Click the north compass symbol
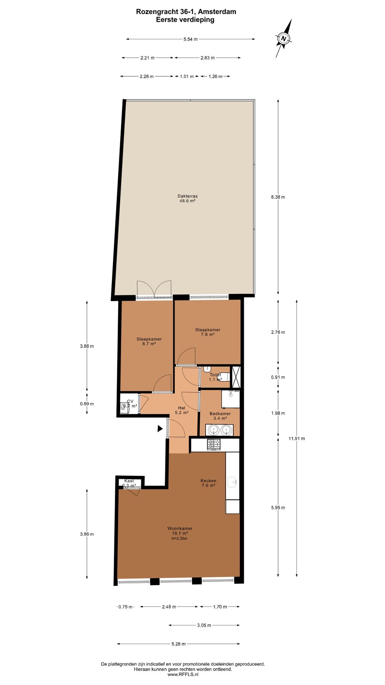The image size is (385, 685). pos(284,39)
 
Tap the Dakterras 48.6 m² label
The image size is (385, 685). pos(188,198)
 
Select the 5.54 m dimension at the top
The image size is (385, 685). pos(190,39)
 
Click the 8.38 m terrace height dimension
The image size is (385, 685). pos(278,197)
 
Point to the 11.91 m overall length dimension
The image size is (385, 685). pos(297,438)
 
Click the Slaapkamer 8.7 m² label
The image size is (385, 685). pos(149,341)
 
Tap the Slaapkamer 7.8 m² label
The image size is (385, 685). pos(207,332)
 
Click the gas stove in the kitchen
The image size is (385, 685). pos(214,445)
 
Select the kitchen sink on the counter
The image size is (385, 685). pos(232,482)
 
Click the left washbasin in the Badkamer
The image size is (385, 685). pos(213,430)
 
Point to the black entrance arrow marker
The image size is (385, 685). pos(160,428)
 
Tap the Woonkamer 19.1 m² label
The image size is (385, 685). pos(180,531)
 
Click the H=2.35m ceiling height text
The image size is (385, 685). pos(179,538)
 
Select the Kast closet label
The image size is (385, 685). pos(129,481)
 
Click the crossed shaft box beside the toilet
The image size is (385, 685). pos(236,377)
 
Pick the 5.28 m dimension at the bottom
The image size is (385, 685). pos(178,644)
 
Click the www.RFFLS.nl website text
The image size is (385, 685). pos(183,675)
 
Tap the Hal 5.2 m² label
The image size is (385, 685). pos(181,410)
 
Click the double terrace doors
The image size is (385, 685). pos(154,289)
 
